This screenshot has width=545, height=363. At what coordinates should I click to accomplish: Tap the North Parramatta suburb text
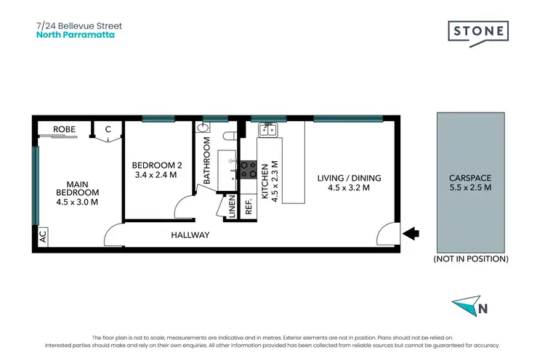(76, 34)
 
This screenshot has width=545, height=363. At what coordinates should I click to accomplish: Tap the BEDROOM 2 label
(156, 166)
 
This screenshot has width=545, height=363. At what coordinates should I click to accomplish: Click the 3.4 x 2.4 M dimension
(156, 175)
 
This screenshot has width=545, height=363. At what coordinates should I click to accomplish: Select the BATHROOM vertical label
(207, 166)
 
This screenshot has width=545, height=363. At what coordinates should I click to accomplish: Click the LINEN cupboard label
(232, 206)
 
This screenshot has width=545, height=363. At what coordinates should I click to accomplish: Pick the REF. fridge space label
(249, 206)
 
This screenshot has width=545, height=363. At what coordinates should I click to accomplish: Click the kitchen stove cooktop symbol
(249, 169)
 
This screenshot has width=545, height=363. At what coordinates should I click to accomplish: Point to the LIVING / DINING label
(349, 178)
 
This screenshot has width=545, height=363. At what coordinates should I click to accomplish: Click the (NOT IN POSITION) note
(470, 258)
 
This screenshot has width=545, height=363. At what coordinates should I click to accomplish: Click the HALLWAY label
(190, 235)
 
